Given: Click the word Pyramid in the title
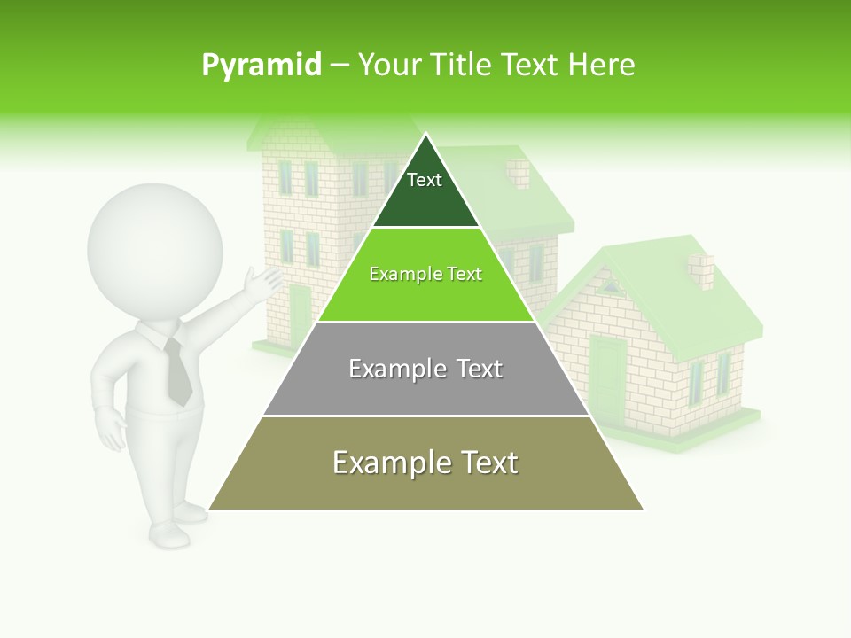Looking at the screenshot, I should [261, 65].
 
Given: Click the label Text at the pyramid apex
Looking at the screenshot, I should [425, 180].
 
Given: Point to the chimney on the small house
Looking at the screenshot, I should [701, 271].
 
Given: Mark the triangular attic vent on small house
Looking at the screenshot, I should [609, 285].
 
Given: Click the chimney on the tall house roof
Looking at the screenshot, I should [517, 173].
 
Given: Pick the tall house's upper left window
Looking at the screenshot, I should [285, 177].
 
